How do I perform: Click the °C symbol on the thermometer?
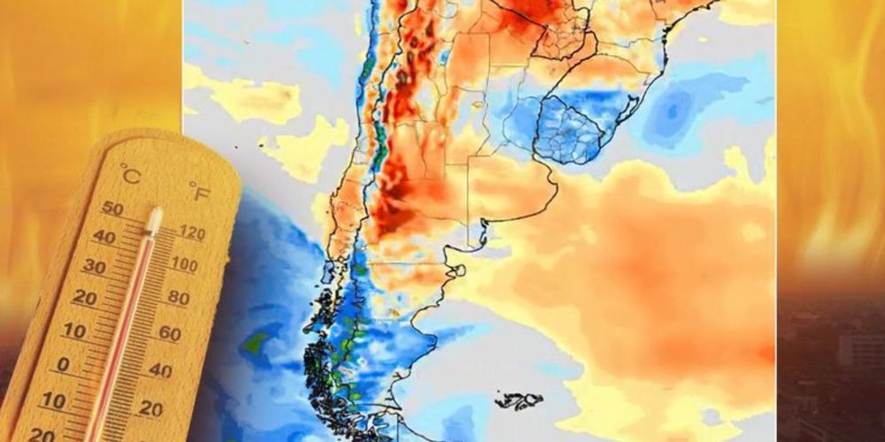click(130, 175)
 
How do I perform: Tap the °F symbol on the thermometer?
click(199, 189)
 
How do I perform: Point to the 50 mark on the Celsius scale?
click(112, 209)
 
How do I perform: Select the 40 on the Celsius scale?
click(104, 237)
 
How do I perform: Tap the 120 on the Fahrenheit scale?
click(191, 234)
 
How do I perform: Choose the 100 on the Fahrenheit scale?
click(184, 264)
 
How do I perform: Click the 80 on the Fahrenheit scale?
click(178, 298)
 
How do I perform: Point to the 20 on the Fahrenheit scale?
click(150, 408)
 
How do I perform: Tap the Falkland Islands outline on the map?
click(519, 400)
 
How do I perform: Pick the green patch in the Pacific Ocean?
click(257, 340)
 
